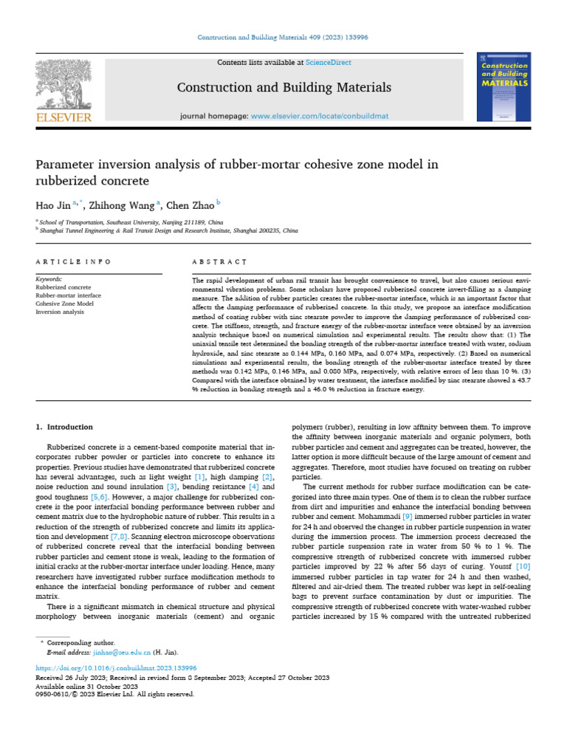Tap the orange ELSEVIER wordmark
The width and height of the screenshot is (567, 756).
[x=64, y=117]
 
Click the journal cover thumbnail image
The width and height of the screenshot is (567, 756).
[x=504, y=87]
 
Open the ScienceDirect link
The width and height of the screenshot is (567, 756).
[x=330, y=63]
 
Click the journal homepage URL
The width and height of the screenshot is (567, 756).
[x=323, y=117]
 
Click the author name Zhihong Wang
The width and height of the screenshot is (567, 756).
[x=127, y=205]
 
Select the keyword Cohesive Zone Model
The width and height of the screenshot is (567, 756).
[x=65, y=303]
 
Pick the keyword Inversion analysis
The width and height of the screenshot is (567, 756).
[x=61, y=312]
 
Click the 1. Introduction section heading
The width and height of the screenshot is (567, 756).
[x=65, y=427]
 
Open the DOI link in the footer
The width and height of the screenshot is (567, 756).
[x=117, y=667]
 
